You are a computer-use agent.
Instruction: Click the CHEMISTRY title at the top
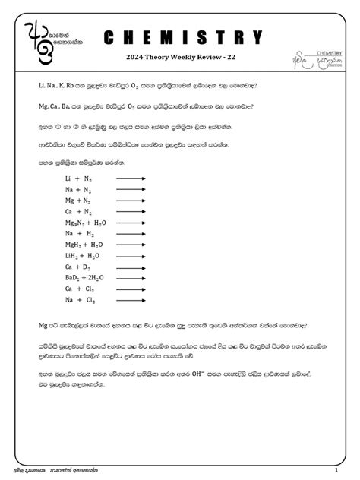click(x=182, y=38)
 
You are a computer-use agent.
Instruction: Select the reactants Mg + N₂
click(x=79, y=201)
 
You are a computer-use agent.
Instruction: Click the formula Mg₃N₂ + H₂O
click(x=86, y=223)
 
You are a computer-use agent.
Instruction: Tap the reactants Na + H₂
click(x=79, y=234)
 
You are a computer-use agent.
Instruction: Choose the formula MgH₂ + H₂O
click(x=84, y=245)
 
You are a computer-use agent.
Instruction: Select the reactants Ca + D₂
click(x=79, y=267)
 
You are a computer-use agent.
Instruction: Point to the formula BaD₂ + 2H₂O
click(x=86, y=278)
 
